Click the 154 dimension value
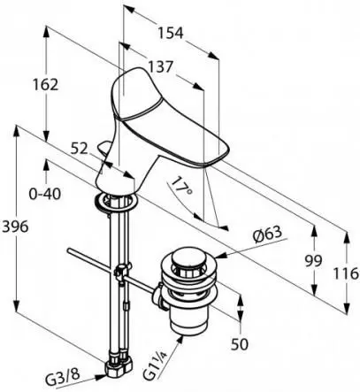pos(171,33)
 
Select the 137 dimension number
pos(159,67)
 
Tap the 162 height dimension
pos(45,85)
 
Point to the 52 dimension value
pos(80,150)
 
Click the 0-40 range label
pos(45,194)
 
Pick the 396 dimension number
pos(15,227)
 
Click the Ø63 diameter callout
pos(267,235)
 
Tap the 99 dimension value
pos(314,261)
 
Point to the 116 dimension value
pos(346,273)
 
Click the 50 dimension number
pos(240,344)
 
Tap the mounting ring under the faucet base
pos(115,202)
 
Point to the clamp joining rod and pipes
pos(122,273)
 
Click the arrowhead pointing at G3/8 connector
pos(101,376)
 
